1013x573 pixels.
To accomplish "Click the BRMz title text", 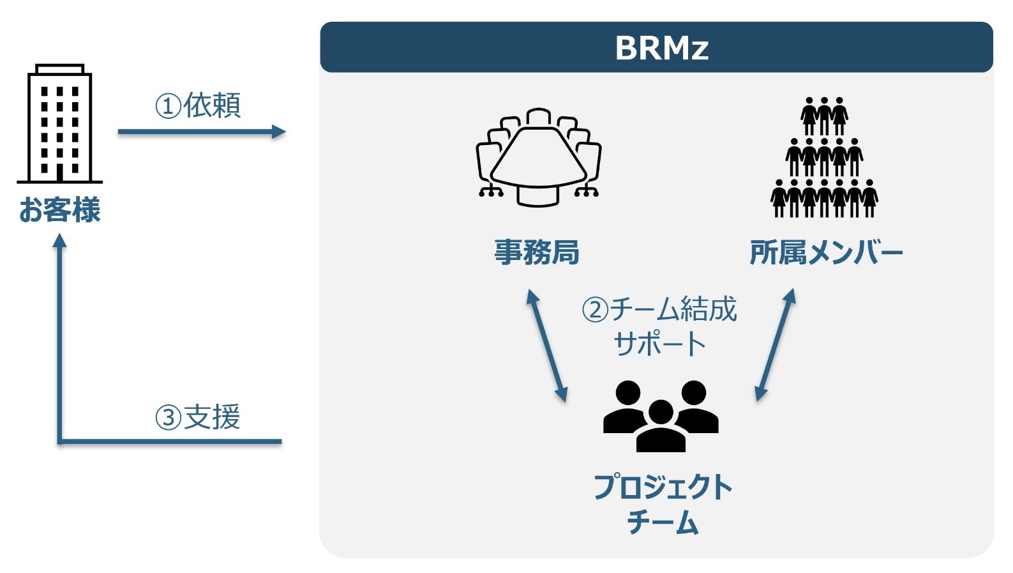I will pos(661,48).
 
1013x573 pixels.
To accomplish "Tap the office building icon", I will pos(59,124).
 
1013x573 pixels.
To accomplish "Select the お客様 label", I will pos(59,210).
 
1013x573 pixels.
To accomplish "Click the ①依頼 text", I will pos(198,105).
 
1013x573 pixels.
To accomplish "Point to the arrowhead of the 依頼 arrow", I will pos(279,132).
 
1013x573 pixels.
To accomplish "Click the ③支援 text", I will pos(198,418).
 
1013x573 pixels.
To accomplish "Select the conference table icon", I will pos(538,157).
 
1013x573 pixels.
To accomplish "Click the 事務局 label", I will pos(537,252).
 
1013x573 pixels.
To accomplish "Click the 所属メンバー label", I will pos(826,253).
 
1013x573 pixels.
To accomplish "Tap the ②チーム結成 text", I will pos(659,310).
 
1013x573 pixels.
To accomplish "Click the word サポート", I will pos(659,344).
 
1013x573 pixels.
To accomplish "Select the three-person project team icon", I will pos(661,416).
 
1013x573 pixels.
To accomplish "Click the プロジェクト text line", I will pos(663,487).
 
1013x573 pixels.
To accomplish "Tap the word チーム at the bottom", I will pos(663,523).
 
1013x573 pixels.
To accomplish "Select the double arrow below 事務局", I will pos(546,346).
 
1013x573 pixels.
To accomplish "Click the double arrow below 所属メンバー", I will pos(775,345).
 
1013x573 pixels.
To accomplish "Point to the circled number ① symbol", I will pos(168,106).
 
